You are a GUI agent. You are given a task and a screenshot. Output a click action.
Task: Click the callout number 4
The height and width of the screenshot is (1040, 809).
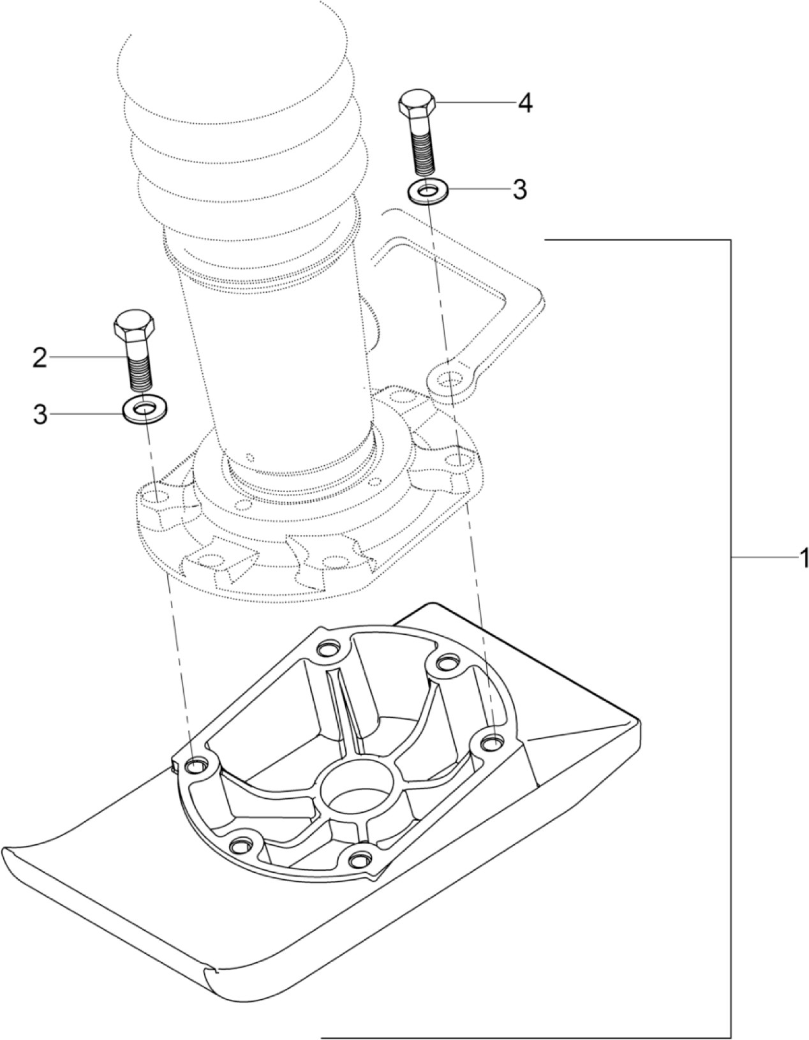[524, 103]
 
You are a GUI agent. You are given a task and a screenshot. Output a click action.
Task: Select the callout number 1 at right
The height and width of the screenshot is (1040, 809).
[803, 558]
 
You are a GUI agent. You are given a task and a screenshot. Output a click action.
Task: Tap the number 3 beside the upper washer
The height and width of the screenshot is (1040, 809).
[520, 189]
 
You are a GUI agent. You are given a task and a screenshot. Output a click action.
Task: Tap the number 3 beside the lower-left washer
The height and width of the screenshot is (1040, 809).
[40, 415]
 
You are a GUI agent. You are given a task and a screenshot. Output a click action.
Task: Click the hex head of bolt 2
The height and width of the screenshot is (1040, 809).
[134, 327]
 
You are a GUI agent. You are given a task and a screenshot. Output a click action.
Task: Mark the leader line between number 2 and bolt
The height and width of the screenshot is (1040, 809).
[86, 359]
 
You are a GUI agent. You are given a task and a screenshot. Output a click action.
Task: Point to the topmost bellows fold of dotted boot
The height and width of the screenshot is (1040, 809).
[236, 57]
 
